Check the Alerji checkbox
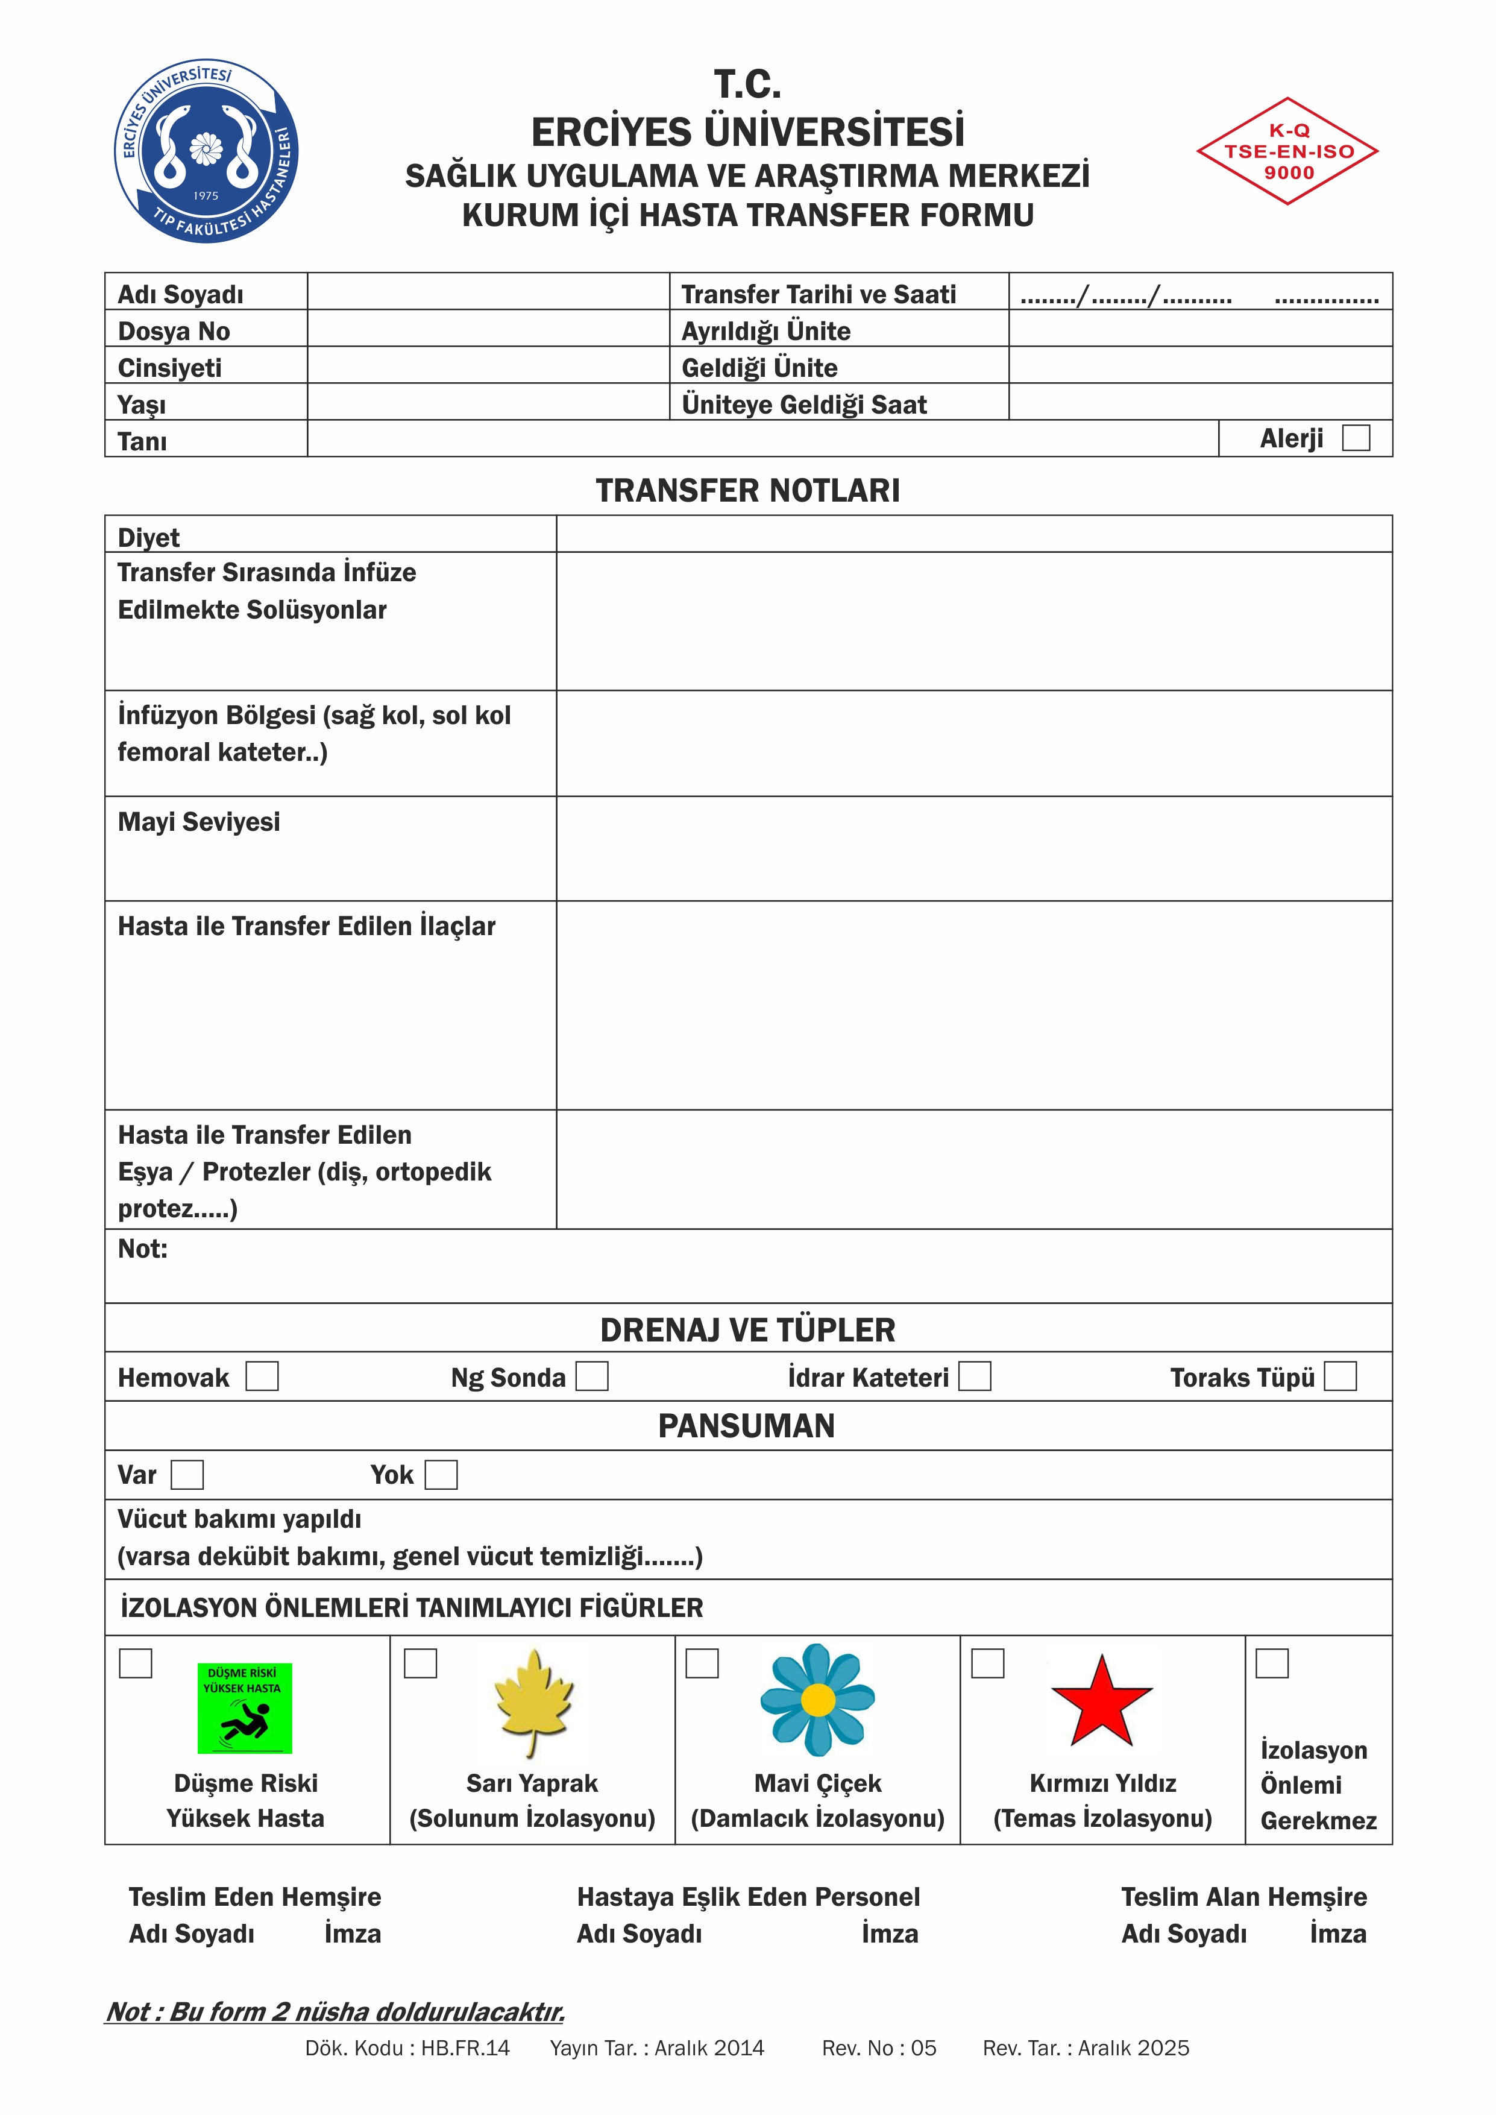[1356, 438]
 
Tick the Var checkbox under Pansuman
[187, 1474]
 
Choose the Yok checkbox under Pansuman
[441, 1474]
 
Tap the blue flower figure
[817, 1700]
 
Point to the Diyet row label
[149, 537]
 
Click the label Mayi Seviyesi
[199, 822]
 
